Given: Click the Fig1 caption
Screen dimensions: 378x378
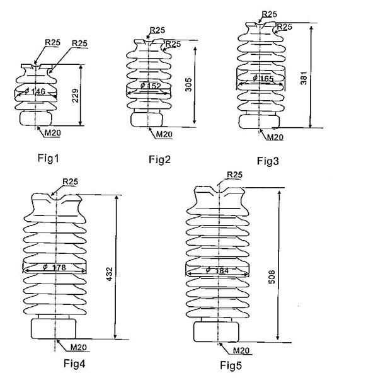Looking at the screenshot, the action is (49, 158).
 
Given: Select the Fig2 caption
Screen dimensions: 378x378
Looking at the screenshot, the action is (159, 159).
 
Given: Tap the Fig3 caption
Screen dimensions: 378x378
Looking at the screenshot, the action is (268, 161).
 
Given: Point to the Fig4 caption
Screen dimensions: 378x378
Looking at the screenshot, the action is (74, 364).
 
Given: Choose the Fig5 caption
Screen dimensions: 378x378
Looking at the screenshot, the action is (231, 365).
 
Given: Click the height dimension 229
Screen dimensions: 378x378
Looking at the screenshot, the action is (76, 96).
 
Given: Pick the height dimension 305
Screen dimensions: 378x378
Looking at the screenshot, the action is (188, 84).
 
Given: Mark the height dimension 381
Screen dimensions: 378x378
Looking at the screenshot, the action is (304, 78).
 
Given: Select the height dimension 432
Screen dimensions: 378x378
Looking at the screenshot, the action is (110, 274).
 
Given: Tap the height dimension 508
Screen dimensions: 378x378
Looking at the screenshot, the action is (272, 277).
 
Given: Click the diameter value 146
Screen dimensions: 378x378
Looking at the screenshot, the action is (38, 91).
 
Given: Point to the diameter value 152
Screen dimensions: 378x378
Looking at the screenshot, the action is (154, 86).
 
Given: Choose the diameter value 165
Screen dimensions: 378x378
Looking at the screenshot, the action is (266, 79).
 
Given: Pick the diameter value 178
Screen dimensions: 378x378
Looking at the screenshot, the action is (59, 267).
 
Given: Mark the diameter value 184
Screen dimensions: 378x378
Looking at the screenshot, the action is (222, 271).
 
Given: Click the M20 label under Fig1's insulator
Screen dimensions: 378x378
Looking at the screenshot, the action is (53, 133).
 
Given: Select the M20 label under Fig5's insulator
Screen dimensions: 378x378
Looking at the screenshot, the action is (241, 350).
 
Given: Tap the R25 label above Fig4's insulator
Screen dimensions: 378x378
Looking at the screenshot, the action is (70, 181).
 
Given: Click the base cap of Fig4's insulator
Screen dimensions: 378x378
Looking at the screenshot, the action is (54, 329).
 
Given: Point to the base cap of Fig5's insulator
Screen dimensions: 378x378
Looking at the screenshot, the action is (216, 332).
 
